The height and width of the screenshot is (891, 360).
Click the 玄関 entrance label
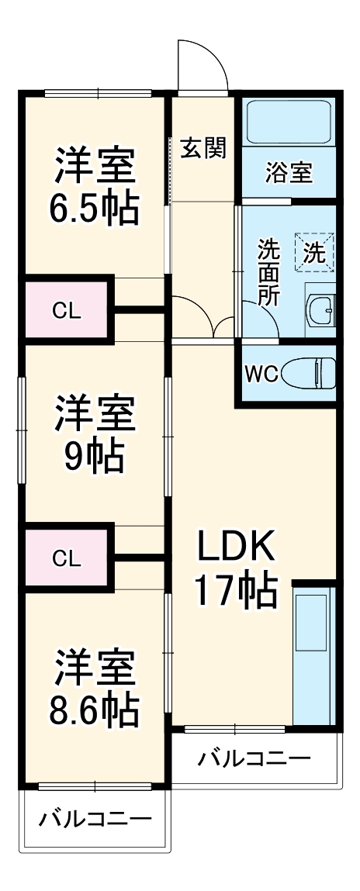[x=203, y=147]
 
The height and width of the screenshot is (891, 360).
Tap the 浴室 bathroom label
[x=289, y=172]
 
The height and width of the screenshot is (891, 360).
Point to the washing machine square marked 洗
[x=314, y=251]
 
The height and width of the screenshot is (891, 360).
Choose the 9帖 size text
[x=95, y=458]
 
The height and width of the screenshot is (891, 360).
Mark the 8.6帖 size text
[x=95, y=707]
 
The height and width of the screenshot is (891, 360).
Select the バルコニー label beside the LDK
[x=254, y=758]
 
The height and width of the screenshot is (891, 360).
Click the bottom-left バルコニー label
[x=95, y=819]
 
